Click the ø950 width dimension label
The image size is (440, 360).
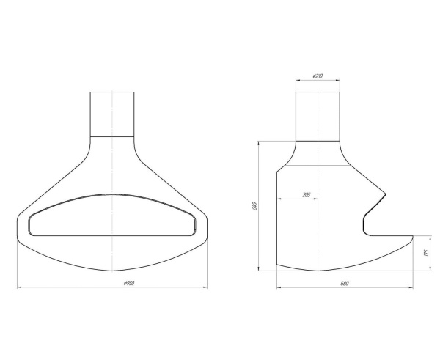[x=129, y=283]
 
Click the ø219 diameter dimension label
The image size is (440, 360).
[x=318, y=76]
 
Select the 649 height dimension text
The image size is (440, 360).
[x=254, y=206]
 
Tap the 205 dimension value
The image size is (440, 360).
[x=307, y=195]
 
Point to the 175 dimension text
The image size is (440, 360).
[x=427, y=253]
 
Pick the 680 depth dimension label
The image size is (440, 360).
[x=345, y=284]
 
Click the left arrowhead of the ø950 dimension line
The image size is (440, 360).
[x=19, y=287]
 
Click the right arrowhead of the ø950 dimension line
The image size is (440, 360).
[x=205, y=287]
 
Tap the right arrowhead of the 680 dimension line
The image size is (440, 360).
[x=411, y=287]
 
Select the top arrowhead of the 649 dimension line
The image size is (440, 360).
[x=258, y=143]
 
